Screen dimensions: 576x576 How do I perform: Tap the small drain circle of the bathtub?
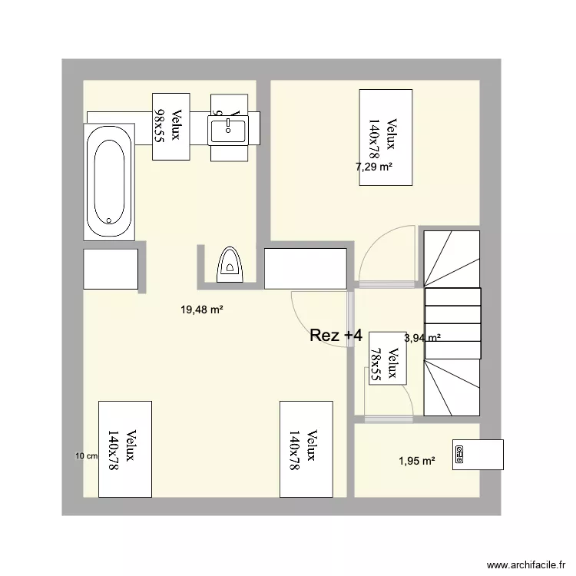click(111, 220)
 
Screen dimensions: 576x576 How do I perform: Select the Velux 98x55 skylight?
click(170, 126)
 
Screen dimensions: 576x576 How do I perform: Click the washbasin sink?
click(227, 128)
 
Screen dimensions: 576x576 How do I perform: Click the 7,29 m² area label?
click(374, 166)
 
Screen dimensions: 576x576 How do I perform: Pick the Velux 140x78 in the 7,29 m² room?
click(386, 137)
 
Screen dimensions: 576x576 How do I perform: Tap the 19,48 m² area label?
click(202, 310)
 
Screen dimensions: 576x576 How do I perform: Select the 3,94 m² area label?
click(422, 337)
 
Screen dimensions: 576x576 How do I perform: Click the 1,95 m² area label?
click(417, 461)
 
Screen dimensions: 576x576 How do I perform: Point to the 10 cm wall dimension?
click(86, 456)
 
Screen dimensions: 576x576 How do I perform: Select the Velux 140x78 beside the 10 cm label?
click(125, 449)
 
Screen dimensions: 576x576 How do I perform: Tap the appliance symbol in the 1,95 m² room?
click(459, 454)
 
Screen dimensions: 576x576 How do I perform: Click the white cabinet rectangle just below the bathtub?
click(111, 269)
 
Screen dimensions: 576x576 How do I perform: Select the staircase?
click(452, 323)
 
